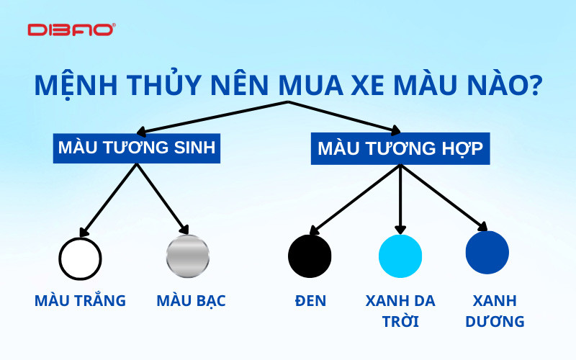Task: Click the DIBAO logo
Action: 71,30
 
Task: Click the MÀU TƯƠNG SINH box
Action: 136,148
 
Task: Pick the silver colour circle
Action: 188,256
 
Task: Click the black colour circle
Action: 310,256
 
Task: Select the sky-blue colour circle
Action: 400,256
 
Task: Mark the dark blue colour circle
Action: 487,252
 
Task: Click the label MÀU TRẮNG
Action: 80,300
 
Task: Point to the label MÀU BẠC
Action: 191,300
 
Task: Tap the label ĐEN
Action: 310,300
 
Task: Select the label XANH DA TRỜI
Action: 400,310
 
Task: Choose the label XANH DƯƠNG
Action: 494,310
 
